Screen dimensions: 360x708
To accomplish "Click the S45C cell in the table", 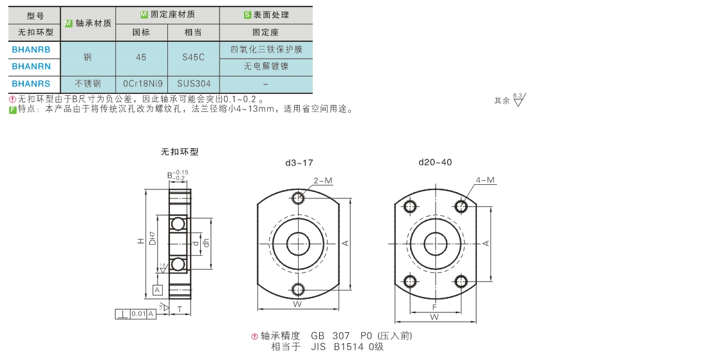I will click(193, 57).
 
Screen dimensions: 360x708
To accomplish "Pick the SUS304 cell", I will click(193, 84).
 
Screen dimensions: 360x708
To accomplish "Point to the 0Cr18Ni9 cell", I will click(142, 84).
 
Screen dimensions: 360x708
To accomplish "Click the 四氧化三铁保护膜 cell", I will click(266, 50).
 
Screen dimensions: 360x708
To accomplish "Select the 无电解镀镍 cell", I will click(266, 66).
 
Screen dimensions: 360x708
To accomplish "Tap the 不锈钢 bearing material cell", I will click(88, 84).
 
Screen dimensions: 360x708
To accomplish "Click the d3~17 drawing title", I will click(299, 162).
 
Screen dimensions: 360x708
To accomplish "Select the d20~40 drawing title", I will click(435, 162).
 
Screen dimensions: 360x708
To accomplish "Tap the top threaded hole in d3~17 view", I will click(298, 198).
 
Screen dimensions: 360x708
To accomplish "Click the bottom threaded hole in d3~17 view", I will click(298, 289).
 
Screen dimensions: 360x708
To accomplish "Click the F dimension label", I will click(434, 307).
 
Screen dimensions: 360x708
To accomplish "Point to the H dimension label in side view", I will click(140, 242).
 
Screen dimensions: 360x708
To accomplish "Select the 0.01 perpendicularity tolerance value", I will click(138, 314).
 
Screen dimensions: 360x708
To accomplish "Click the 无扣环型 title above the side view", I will click(180, 152).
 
